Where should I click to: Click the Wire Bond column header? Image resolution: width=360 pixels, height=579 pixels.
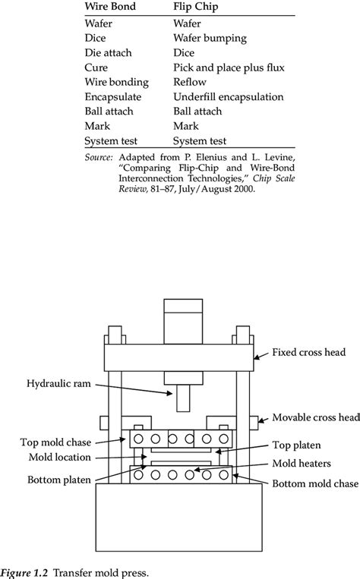pyautogui.click(x=110, y=6)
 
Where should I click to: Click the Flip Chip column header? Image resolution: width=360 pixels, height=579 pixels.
pyautogui.click(x=196, y=7)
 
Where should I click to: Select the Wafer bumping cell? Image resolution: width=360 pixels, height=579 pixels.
pyautogui.click(x=210, y=38)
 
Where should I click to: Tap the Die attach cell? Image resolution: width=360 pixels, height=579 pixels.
pyautogui.click(x=108, y=53)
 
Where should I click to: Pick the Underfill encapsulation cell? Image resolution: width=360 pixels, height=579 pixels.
pyautogui.click(x=229, y=96)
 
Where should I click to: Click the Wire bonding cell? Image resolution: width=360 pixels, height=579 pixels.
pyautogui.click(x=116, y=82)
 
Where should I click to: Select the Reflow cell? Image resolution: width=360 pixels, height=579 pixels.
pyautogui.click(x=190, y=82)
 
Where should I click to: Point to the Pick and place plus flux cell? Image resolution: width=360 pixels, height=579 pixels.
pyautogui.click(x=229, y=68)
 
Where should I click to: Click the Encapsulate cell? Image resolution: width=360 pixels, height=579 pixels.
pyautogui.click(x=112, y=96)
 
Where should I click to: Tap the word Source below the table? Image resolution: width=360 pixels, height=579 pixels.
pyautogui.click(x=98, y=157)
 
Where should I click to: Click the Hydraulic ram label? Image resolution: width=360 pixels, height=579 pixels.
pyautogui.click(x=58, y=384)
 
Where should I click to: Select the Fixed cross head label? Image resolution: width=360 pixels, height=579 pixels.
pyautogui.click(x=308, y=352)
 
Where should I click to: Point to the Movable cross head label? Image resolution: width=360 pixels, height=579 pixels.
pyautogui.click(x=316, y=417)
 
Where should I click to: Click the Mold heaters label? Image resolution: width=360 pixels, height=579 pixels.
pyautogui.click(x=302, y=464)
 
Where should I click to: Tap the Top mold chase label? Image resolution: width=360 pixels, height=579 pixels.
pyautogui.click(x=55, y=442)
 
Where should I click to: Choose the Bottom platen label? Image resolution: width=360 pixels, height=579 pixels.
pyautogui.click(x=58, y=480)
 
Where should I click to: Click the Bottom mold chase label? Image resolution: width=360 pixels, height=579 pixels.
pyautogui.click(x=315, y=483)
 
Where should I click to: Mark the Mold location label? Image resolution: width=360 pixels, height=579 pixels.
pyautogui.click(x=59, y=457)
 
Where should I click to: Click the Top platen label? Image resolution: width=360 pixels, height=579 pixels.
pyautogui.click(x=296, y=445)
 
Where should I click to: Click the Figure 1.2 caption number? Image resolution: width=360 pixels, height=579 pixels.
pyautogui.click(x=24, y=573)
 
